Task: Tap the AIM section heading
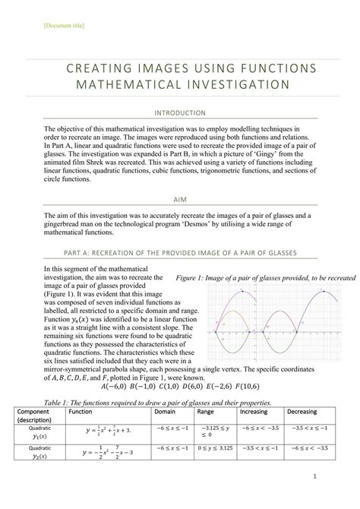point(180,200)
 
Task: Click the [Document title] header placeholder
point(58,27)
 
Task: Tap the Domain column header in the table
point(166,410)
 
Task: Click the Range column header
point(207,410)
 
